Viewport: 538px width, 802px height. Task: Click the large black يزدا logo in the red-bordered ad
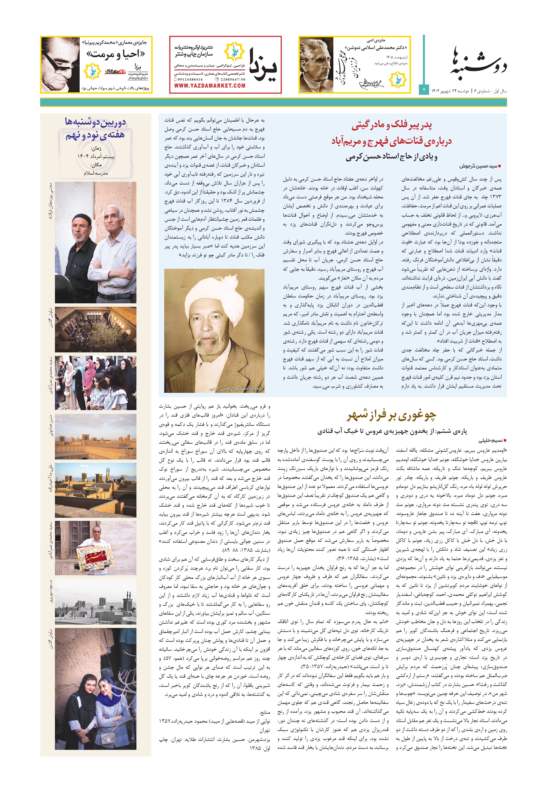262,65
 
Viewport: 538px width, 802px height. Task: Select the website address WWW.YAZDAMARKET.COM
210,86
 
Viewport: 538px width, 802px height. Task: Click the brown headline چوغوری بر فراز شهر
391,415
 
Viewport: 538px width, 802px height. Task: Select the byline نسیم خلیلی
490,440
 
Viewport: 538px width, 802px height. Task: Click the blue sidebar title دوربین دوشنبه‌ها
95,122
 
